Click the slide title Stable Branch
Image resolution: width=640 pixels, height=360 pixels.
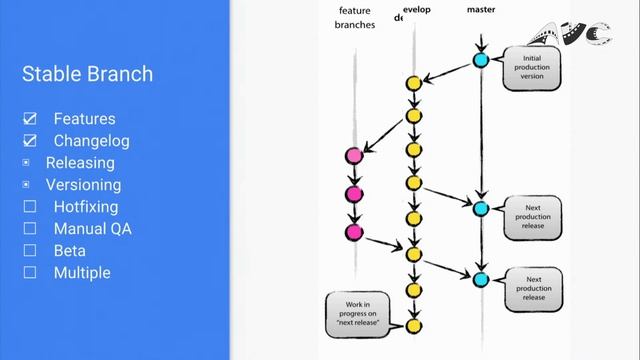(87, 73)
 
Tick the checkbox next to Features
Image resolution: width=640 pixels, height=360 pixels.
(30, 119)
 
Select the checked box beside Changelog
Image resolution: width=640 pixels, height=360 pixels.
(30, 141)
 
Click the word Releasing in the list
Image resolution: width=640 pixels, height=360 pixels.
(80, 162)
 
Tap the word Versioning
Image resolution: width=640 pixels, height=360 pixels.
(83, 184)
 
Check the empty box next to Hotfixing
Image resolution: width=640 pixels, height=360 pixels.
(30, 207)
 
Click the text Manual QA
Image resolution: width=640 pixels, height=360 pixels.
(92, 228)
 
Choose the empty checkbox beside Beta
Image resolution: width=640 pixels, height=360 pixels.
(30, 250)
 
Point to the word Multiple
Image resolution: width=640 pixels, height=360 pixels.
(82, 272)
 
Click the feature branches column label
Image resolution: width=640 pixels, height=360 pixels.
(353, 18)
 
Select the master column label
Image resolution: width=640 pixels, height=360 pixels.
(481, 9)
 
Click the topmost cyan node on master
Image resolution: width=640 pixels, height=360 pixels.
(481, 61)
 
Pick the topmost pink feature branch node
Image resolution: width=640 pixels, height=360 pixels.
(353, 155)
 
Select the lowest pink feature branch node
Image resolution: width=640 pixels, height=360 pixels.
(353, 232)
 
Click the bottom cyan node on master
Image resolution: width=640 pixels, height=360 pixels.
(481, 279)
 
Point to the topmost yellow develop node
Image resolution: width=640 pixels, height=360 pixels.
(412, 83)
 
